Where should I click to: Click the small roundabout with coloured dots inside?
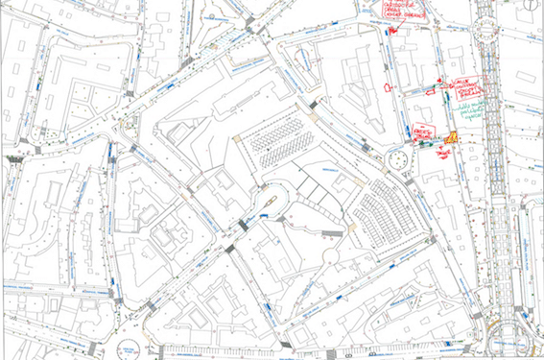[x=398, y=159]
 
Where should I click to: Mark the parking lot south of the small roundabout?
[x=384, y=215]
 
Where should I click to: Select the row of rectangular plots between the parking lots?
[x=322, y=192]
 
